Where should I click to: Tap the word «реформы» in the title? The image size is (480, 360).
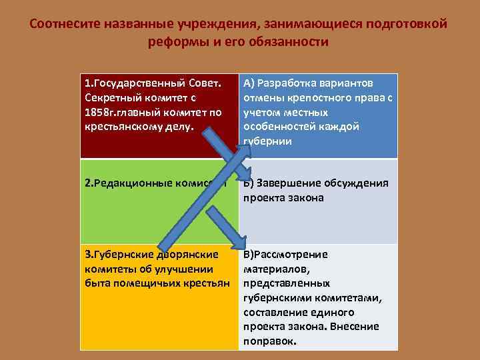pos(175,42)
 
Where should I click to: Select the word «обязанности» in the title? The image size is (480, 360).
pos(292,42)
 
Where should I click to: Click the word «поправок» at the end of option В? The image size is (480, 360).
pos(269,340)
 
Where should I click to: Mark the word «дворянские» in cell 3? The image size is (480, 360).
pos(187,255)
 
